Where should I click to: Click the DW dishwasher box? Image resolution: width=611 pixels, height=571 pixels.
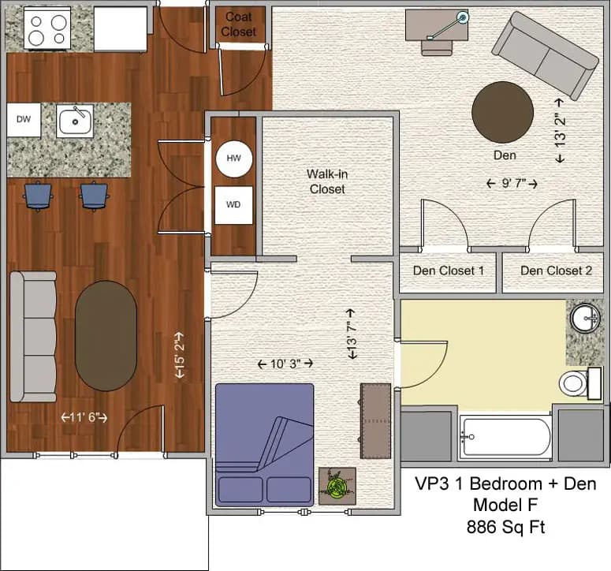pos(24,119)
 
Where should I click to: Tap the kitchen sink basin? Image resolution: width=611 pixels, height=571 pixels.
pos(75,121)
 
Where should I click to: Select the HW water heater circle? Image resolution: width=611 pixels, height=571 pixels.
pos(233,159)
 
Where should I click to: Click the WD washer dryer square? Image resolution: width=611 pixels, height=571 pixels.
pos(233,205)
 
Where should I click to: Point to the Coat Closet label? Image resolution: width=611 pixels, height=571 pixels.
pos(239,24)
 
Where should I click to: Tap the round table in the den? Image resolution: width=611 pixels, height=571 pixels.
pos(502,112)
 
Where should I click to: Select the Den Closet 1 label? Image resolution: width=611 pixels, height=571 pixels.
pos(449,271)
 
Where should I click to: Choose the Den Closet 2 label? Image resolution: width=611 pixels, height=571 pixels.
pos(556,271)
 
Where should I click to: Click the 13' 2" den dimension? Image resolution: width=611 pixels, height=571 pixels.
pos(561,130)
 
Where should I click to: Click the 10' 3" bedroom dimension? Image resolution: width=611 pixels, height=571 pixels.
pos(285,364)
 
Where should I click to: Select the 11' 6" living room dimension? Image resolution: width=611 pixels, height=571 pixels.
pos(84,417)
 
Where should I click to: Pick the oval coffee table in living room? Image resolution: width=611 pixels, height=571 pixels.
pos(106,335)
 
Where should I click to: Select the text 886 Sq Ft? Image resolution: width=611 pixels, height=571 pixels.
pos(505,526)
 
